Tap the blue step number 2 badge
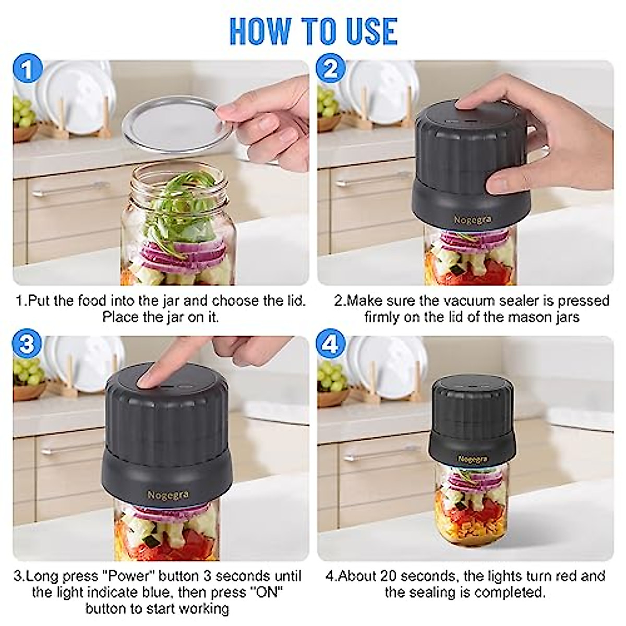pos(331,69)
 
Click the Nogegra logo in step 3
pos(167,494)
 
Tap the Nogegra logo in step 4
pos(472,459)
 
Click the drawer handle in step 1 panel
pos(68,190)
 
